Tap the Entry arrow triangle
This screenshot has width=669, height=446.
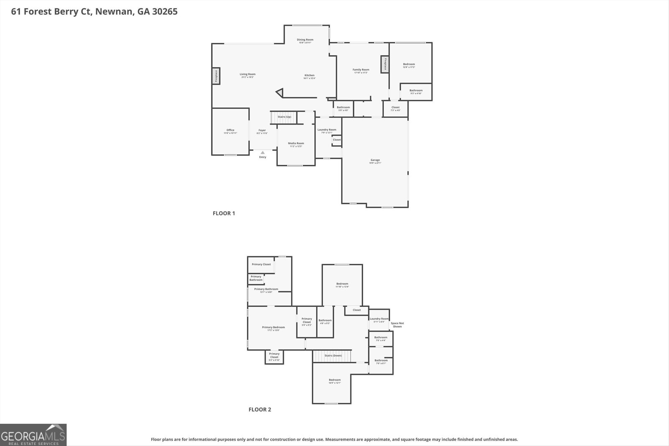click(x=263, y=153)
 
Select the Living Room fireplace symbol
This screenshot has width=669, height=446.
click(x=216, y=76)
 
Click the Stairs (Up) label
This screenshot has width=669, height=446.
click(x=284, y=117)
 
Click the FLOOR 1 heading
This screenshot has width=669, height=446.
click(x=224, y=213)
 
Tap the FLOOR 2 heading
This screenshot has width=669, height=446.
click(x=260, y=410)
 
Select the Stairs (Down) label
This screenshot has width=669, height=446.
click(x=333, y=356)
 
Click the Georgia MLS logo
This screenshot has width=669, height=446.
click(x=33, y=435)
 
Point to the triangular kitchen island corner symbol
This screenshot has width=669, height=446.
click(x=279, y=93)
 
